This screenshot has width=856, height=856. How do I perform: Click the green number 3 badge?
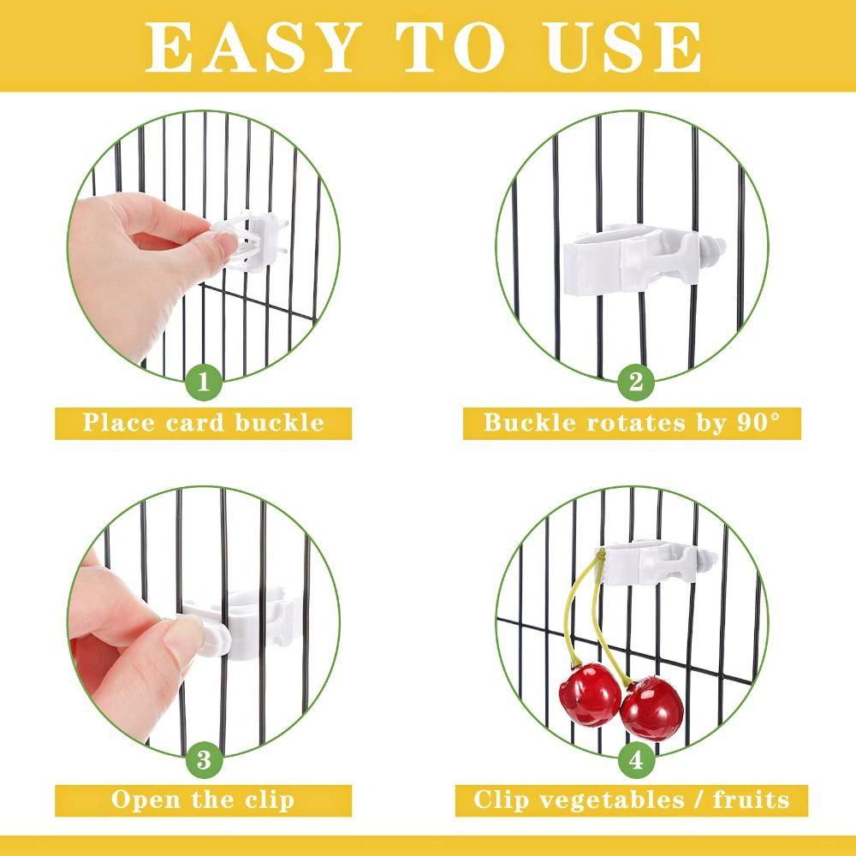[203, 758]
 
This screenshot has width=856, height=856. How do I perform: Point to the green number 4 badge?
[635, 758]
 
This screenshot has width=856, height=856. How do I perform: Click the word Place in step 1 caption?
[118, 422]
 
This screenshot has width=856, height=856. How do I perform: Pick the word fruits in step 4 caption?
[745, 800]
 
